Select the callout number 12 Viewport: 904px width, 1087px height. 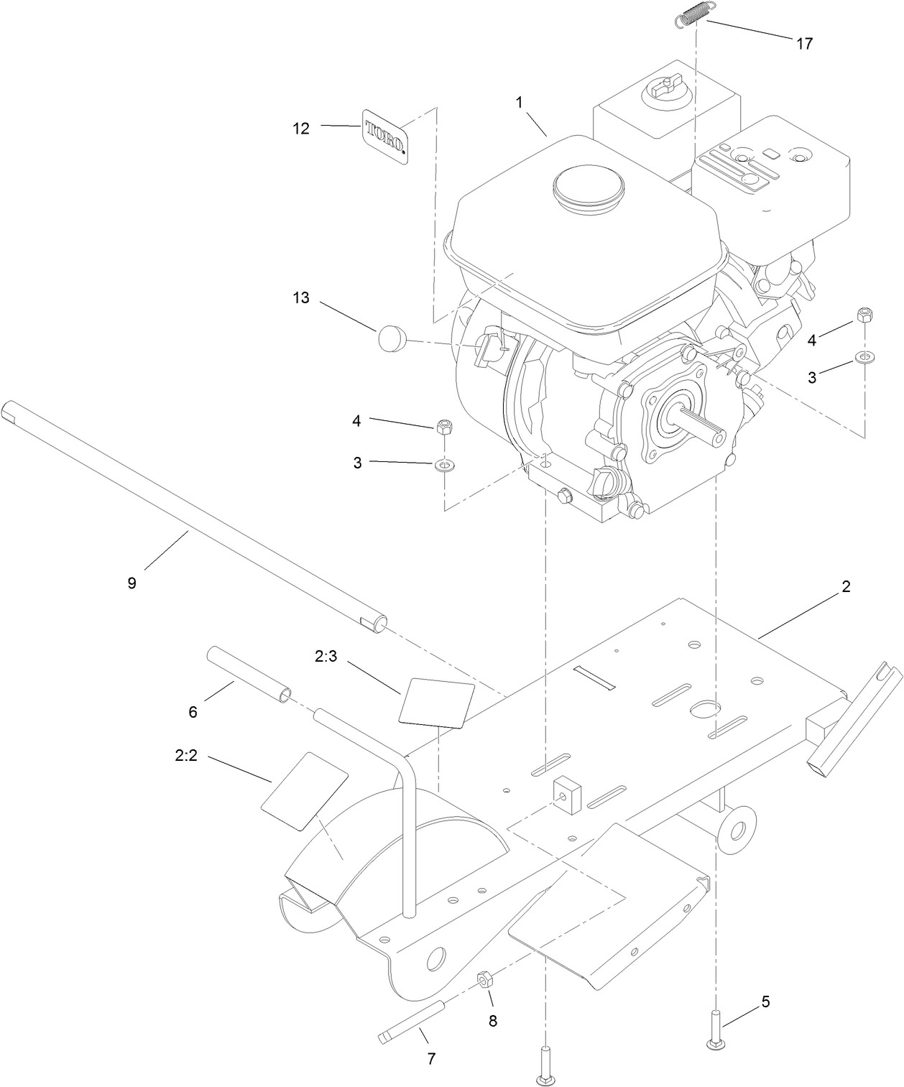point(301,128)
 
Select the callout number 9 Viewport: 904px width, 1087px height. point(132,583)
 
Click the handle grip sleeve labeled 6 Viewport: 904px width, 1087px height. point(250,674)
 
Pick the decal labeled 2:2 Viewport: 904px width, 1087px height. point(304,792)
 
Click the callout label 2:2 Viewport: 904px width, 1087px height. point(185,756)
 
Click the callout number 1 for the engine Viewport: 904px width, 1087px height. point(518,103)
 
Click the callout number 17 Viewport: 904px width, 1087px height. point(804,44)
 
